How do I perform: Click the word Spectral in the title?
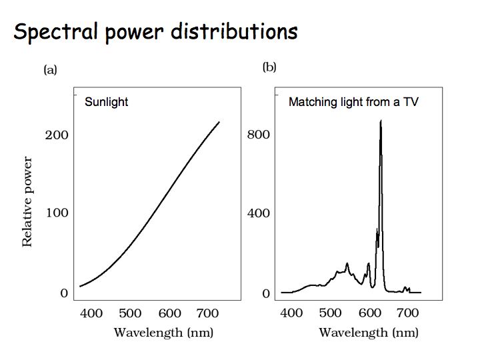[x=55, y=31]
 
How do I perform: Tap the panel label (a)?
[x=50, y=69]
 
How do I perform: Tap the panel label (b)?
[x=269, y=67]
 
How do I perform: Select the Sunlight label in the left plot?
[x=106, y=103]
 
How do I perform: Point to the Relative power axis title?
[x=27, y=202]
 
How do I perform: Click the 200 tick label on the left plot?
[x=56, y=135]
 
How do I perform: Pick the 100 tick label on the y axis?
[x=56, y=213]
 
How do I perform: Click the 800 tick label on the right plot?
[x=257, y=135]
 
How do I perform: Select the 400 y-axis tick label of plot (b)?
[x=257, y=213]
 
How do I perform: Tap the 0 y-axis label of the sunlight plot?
[x=64, y=293]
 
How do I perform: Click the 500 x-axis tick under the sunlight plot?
[x=131, y=313]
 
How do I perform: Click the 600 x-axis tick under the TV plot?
[x=369, y=313]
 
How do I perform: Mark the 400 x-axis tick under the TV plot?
[x=291, y=313]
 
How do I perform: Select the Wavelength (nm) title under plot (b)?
[x=368, y=332]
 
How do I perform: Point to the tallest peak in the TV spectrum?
[x=381, y=121]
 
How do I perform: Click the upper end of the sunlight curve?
[x=219, y=123]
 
